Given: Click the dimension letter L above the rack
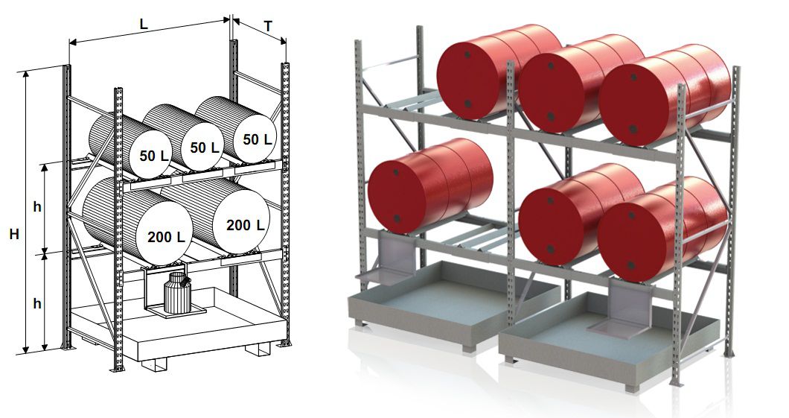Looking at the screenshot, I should click(x=144, y=24).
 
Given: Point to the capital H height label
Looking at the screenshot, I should click(x=13, y=233).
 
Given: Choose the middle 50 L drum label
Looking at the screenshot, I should click(x=205, y=147).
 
